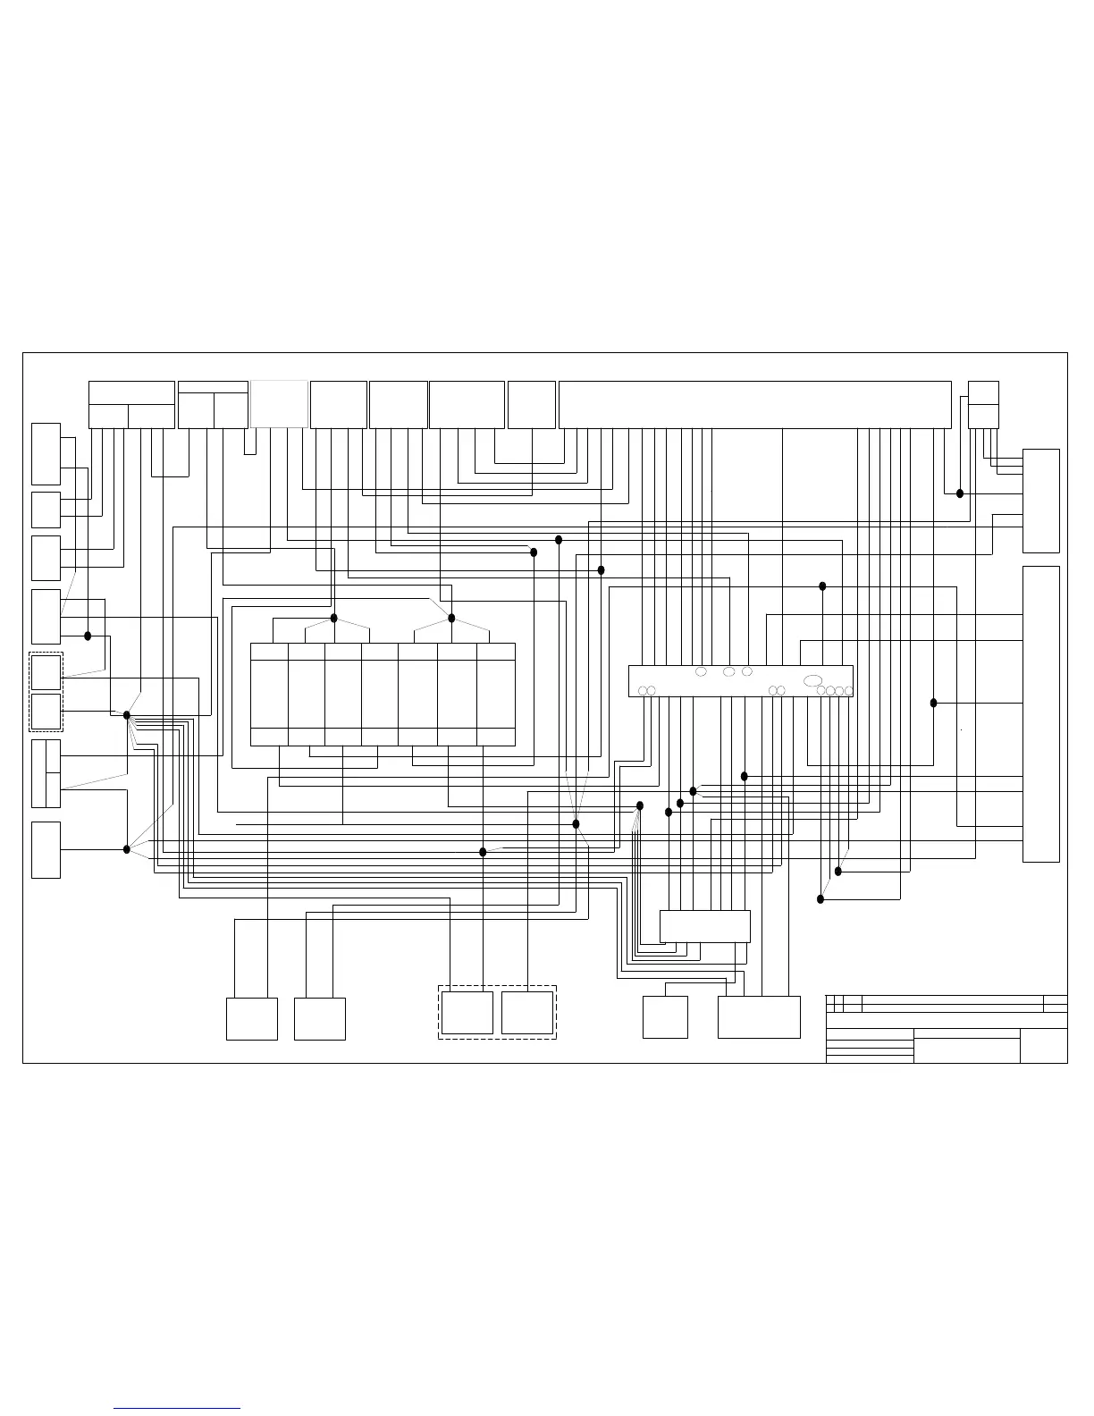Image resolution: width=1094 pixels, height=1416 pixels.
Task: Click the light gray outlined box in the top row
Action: tap(280, 404)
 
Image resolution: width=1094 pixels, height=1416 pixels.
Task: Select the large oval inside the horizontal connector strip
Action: tap(812, 681)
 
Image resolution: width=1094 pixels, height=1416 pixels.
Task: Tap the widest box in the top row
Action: tap(754, 404)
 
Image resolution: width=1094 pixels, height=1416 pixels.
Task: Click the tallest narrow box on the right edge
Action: tap(1040, 713)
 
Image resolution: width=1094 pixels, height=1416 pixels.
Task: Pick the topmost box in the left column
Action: tap(46, 453)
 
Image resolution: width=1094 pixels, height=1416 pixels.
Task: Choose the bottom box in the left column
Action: tap(46, 849)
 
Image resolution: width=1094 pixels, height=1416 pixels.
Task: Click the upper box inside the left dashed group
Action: tap(46, 672)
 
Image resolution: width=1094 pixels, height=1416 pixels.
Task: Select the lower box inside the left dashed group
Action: tap(46, 712)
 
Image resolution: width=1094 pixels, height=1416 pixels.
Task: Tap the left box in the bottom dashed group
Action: tap(467, 1012)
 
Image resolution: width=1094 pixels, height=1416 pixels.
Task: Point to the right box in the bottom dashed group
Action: tap(527, 1012)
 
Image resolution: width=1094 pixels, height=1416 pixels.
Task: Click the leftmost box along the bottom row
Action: tap(252, 1018)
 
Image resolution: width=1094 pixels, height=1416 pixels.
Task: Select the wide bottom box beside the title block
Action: tap(759, 1016)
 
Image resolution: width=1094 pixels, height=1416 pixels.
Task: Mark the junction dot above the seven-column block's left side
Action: tap(334, 618)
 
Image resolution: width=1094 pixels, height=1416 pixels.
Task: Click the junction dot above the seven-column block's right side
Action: tap(451, 618)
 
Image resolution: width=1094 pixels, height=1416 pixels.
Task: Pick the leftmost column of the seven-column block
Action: tap(269, 694)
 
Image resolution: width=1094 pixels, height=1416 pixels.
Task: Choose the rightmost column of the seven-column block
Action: tap(496, 694)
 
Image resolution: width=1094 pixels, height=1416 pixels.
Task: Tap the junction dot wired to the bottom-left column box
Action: tap(127, 848)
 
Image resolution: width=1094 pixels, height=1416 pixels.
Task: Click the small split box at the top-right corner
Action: tap(983, 404)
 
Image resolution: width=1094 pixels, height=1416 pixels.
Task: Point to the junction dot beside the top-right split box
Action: tap(960, 493)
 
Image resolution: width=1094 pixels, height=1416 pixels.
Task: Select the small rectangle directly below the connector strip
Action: tap(704, 926)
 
